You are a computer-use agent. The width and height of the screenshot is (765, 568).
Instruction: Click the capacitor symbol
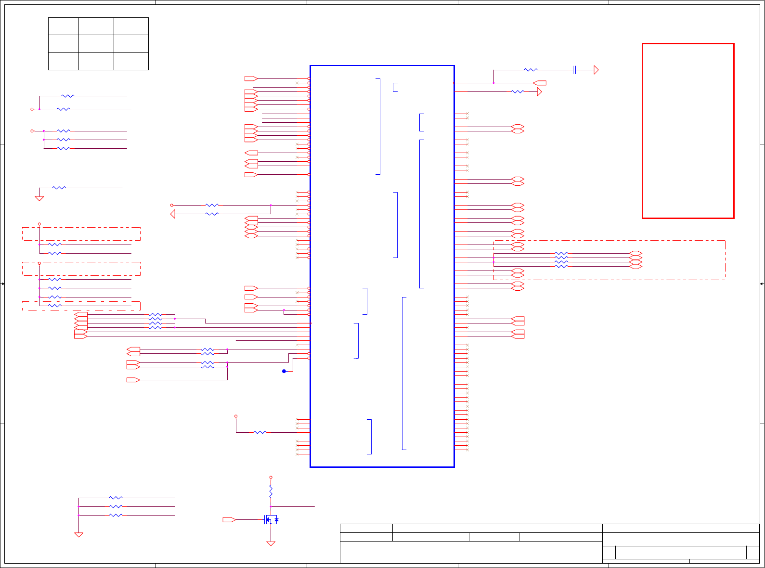[574, 70]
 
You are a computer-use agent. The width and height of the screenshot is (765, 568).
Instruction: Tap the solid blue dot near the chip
[284, 371]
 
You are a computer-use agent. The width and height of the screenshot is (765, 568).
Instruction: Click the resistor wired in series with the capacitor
[531, 70]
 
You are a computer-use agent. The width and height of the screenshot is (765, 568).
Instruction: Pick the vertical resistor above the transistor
[271, 491]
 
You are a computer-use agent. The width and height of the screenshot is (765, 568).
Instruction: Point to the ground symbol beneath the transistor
[271, 543]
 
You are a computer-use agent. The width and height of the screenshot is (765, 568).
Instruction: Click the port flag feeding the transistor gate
[229, 520]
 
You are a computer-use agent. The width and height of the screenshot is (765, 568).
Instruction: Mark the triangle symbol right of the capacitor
[596, 70]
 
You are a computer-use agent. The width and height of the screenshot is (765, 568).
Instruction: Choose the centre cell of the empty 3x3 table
[96, 44]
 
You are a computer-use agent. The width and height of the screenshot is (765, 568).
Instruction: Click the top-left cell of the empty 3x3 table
[64, 26]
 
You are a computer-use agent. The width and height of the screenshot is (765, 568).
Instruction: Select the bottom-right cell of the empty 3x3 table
[131, 61]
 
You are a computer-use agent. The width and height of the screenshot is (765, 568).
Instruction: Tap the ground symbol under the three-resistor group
[78, 534]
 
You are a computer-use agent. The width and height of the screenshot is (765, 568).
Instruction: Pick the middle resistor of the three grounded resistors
[116, 506]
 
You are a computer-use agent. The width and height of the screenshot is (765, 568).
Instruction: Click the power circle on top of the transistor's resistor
[271, 478]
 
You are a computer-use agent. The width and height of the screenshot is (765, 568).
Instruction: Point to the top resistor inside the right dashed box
[561, 253]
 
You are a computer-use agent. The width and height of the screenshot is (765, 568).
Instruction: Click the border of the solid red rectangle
[642, 130]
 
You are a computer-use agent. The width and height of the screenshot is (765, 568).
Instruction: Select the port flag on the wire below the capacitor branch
[540, 83]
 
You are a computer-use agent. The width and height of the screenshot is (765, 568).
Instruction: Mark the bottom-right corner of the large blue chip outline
[454, 466]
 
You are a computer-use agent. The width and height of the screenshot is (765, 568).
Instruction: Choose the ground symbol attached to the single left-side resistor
[39, 198]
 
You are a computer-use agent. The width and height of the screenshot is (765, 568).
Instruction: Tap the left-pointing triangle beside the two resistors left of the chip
[173, 214]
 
